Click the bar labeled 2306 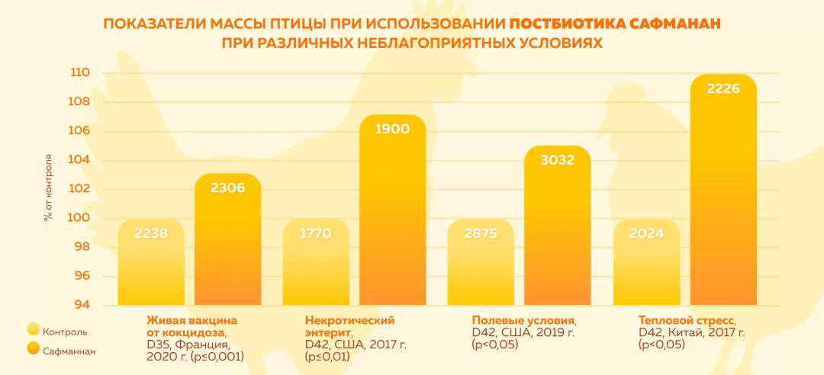tap(227, 244)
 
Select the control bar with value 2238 tap(151, 267)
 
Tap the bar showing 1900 tap(393, 213)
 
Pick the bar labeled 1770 tap(316, 267)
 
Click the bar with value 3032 tap(557, 229)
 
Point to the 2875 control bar tap(481, 267)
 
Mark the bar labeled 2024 tap(646, 267)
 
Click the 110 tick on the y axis tap(81, 73)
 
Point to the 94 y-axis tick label tap(81, 305)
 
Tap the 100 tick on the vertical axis tap(81, 218)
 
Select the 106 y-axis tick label tap(81, 131)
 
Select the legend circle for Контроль tap(33, 330)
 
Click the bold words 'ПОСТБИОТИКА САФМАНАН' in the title tap(615, 24)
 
